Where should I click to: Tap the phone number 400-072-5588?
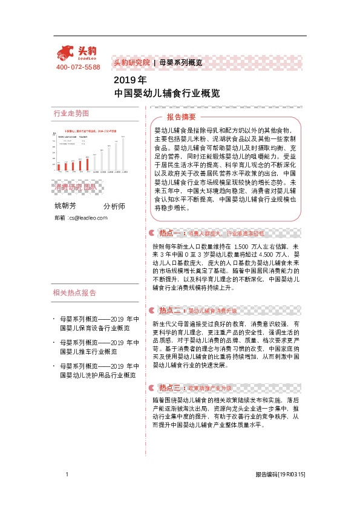coord(78,67)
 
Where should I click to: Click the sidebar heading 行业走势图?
coord(71,113)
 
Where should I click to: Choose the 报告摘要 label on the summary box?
coord(182,117)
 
